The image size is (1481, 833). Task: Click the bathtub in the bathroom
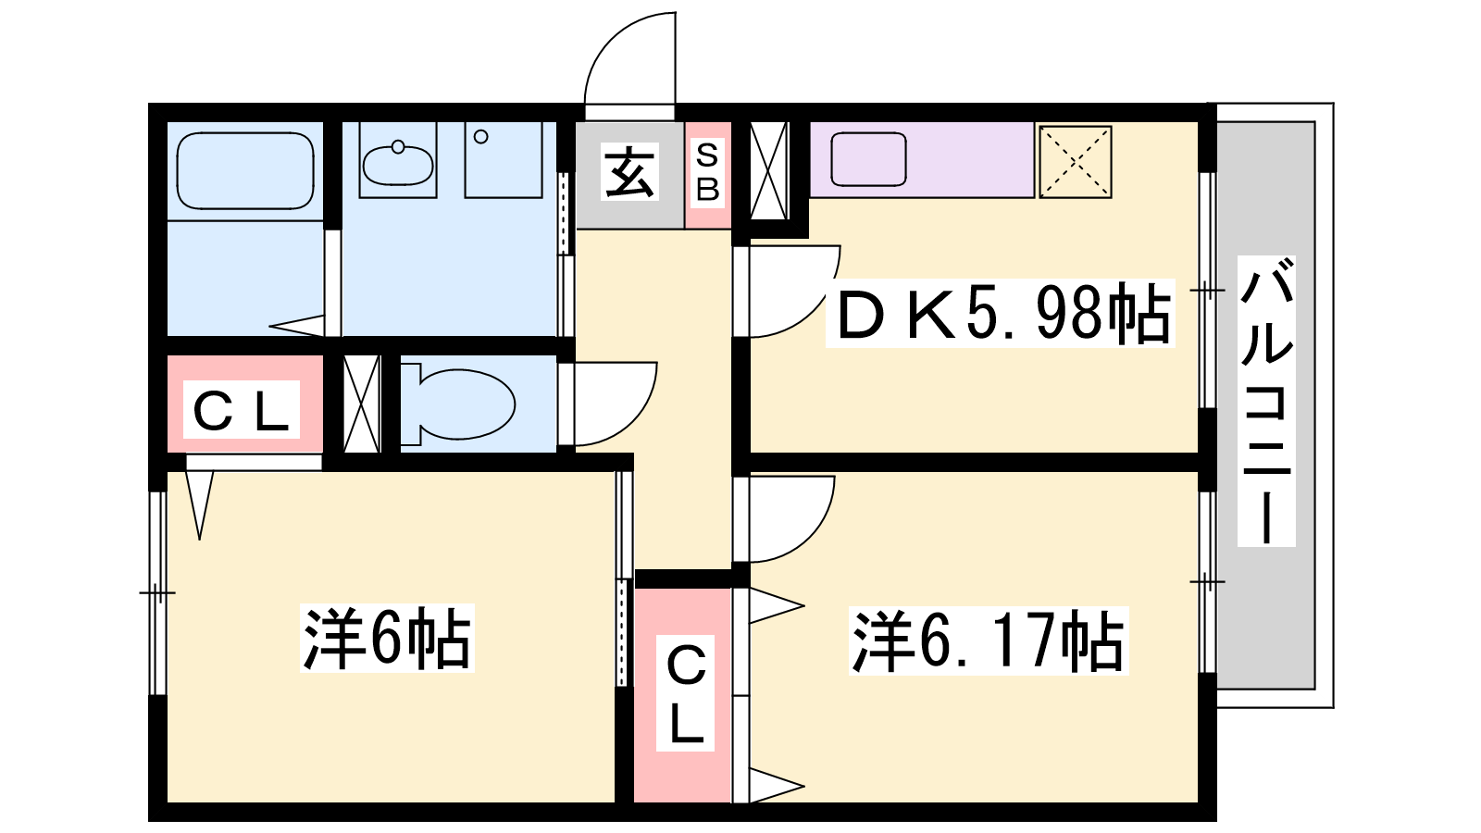[245, 171]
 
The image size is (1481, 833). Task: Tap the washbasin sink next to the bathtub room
[397, 163]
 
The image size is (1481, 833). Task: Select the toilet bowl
[459, 404]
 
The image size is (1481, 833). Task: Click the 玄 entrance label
[629, 172]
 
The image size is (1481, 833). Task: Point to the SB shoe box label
[707, 173]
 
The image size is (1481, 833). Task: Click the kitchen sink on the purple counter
[868, 159]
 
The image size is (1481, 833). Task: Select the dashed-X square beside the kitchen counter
[1075, 162]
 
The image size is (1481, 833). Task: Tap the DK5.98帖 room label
[1000, 314]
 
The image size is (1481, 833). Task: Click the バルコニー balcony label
[1266, 401]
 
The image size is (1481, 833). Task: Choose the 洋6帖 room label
[388, 638]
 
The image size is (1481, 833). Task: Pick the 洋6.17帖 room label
[989, 640]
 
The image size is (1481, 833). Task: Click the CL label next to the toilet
[242, 409]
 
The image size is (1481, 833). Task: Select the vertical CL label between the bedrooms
[686, 693]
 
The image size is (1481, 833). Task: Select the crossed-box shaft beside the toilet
[362, 404]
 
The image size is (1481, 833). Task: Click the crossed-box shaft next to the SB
[769, 170]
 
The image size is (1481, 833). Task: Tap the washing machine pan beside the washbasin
[504, 159]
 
